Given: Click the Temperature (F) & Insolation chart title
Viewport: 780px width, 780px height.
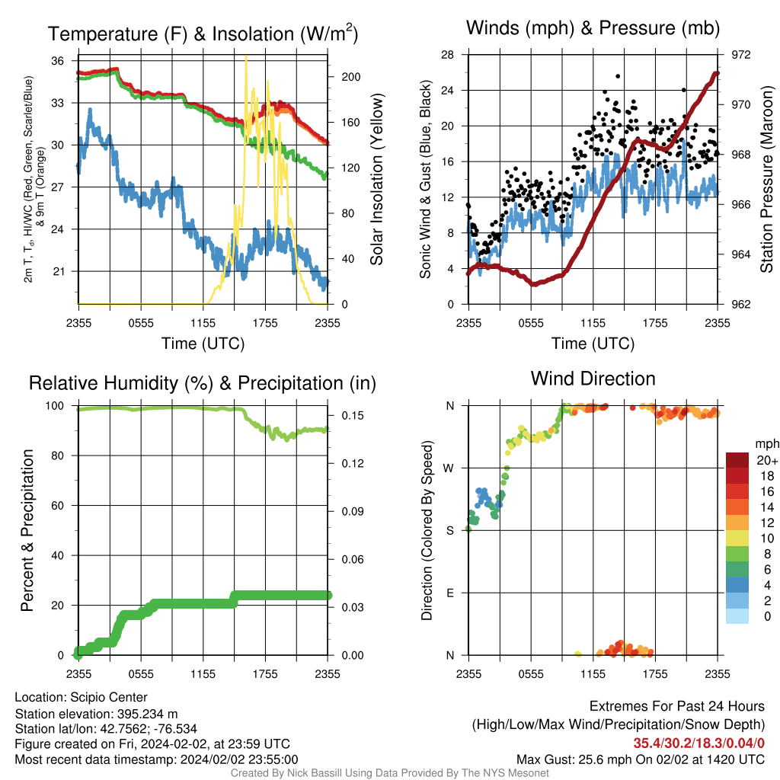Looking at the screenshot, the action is tap(203, 34).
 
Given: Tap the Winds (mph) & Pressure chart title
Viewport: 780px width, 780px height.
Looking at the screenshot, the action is tap(593, 28).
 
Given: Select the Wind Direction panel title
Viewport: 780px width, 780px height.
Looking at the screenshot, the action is tap(593, 379).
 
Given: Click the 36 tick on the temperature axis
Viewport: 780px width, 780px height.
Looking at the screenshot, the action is tap(58, 61).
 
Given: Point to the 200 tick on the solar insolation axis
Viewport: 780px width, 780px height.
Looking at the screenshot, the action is tap(350, 77).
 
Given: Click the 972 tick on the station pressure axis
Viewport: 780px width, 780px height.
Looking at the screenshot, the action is tap(740, 55).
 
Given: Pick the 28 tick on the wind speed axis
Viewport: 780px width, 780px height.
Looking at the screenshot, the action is tap(447, 55).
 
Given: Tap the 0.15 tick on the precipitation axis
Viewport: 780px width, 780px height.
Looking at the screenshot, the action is tap(353, 415).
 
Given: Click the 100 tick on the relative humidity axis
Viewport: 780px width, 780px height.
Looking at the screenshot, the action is tap(55, 406).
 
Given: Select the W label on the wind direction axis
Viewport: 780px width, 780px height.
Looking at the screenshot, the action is tap(449, 468).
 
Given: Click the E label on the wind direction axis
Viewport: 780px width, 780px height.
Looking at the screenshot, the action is tap(450, 593).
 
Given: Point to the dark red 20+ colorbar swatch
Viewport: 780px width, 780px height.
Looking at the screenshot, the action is tap(737, 460).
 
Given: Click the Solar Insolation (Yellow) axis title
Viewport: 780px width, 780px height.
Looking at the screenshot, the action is tap(376, 179).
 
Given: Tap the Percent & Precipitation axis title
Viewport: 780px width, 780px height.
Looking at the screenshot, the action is tap(27, 530).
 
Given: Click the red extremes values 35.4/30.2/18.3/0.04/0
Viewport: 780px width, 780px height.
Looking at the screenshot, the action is tap(699, 743).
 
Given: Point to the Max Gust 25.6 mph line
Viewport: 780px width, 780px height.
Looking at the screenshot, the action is tap(640, 759).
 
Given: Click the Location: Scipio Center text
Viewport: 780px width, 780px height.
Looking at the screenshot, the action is tap(81, 698).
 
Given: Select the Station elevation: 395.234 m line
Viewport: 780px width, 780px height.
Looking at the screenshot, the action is tap(96, 714).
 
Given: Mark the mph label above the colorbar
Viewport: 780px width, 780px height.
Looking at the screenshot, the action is tap(766, 444).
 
